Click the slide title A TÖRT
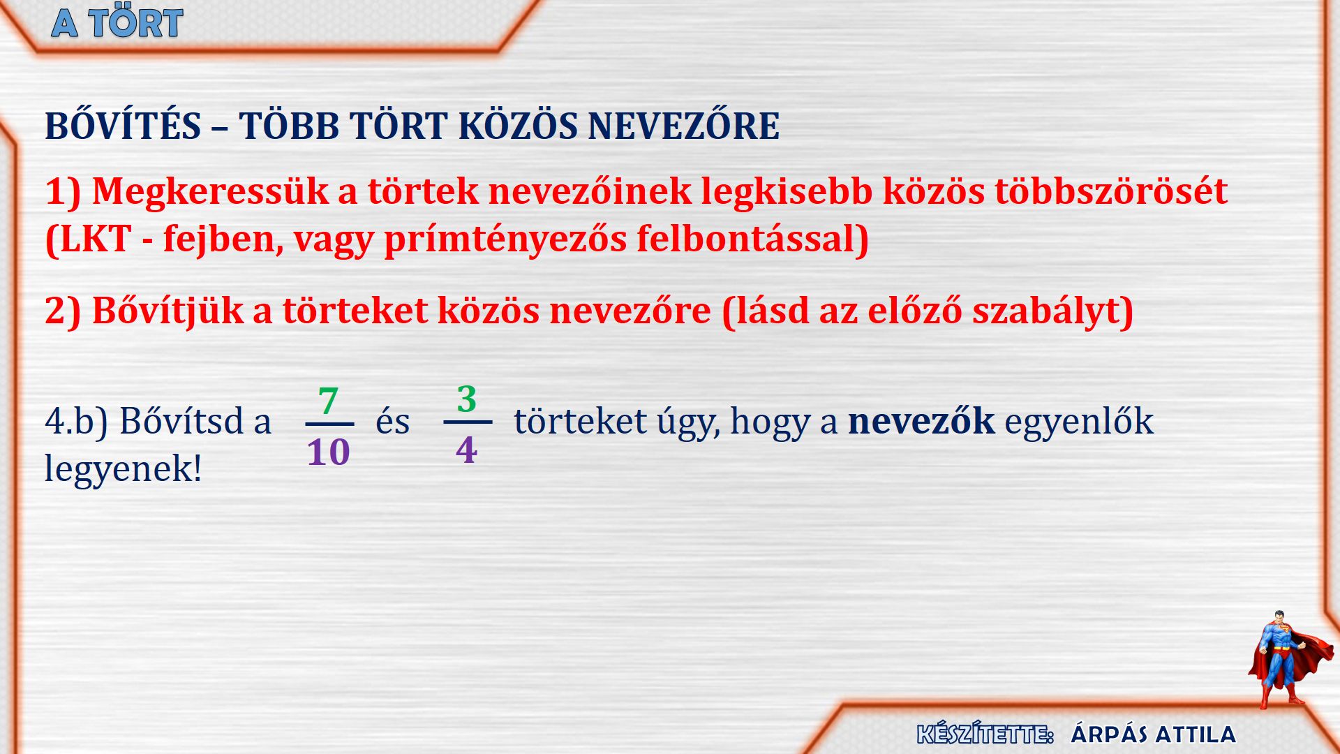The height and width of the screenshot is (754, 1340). (117, 23)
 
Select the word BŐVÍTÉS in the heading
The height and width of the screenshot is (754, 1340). (123, 126)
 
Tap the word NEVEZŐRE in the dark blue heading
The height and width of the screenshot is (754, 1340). (684, 126)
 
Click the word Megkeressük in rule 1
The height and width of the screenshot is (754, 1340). (210, 191)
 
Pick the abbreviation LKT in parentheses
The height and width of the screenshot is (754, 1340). (88, 239)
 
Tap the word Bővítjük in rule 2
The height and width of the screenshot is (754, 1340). (167, 311)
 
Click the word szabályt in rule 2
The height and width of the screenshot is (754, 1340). (1052, 311)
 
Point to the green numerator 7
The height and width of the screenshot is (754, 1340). (328, 401)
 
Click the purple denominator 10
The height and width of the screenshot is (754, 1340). (329, 452)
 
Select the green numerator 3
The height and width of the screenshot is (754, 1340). (467, 399)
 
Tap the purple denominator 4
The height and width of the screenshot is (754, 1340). (467, 450)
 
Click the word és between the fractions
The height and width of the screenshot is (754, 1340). (393, 421)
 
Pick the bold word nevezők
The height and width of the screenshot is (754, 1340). (921, 421)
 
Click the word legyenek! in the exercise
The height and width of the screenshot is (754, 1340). (123, 468)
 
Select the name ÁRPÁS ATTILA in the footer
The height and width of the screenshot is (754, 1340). (1153, 734)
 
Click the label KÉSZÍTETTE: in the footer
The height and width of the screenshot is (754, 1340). (985, 734)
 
